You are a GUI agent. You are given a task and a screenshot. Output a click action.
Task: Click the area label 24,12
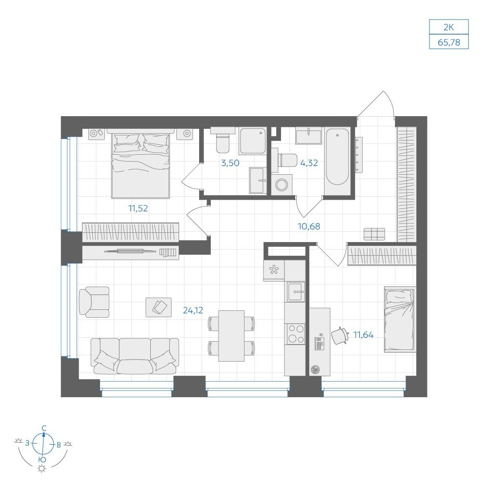pos(193,310)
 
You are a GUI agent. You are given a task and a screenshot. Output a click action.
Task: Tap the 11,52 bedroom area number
pos(138,208)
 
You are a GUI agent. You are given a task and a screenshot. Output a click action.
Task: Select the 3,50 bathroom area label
pos(230,163)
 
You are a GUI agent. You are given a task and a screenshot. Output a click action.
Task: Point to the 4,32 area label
pos(309,163)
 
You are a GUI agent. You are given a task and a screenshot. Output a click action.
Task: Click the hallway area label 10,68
pos(309,226)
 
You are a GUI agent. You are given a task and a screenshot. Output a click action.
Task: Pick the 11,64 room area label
pos(364,335)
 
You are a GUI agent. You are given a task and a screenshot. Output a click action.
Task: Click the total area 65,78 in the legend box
pos(449,42)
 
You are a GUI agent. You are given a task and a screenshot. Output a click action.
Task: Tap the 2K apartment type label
pos(449,27)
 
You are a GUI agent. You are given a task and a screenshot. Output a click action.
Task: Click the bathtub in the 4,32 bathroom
pos(337,157)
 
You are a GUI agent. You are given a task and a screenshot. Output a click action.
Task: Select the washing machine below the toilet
pos(282,184)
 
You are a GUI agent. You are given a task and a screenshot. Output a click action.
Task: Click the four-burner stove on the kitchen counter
pos(296,334)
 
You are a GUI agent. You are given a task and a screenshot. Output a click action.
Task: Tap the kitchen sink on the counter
pos(296,292)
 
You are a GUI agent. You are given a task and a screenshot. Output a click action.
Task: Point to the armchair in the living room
pos(94,302)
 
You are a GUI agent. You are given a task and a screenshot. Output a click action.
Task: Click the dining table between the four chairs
pos(231,336)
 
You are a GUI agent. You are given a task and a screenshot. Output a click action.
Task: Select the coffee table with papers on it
pos(159,307)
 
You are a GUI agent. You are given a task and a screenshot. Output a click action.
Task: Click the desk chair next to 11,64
pos(339,336)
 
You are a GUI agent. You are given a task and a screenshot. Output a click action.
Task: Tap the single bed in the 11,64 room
pos(400,319)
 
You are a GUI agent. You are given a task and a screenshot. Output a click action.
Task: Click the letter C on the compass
pos(44,428)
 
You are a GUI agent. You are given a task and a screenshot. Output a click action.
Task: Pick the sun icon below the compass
pos(41,469)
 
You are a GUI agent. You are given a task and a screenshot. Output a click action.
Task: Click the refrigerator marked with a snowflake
pos(274,270)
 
